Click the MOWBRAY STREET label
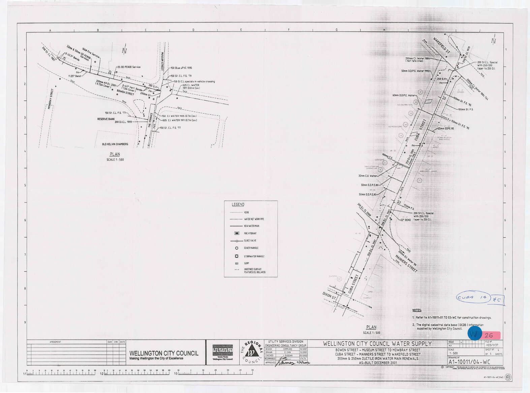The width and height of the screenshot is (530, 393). pyautogui.click(x=52, y=98)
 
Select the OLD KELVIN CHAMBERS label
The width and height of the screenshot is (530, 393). pyautogui.click(x=115, y=144)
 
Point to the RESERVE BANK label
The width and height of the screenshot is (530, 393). pyautogui.click(x=106, y=119)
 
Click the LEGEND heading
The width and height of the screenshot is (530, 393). pyautogui.click(x=238, y=204)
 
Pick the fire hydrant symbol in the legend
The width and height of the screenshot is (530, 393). pyautogui.click(x=237, y=233)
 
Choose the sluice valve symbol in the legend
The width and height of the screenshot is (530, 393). pyautogui.click(x=237, y=241)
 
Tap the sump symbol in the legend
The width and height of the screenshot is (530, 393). pyautogui.click(x=237, y=263)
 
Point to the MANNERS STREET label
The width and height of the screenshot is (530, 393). pyautogui.click(x=407, y=263)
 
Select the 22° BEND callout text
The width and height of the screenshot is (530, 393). pyautogui.click(x=405, y=220)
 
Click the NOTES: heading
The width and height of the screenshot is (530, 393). pyautogui.click(x=417, y=310)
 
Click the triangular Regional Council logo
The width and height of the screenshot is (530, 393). pyautogui.click(x=251, y=352)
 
